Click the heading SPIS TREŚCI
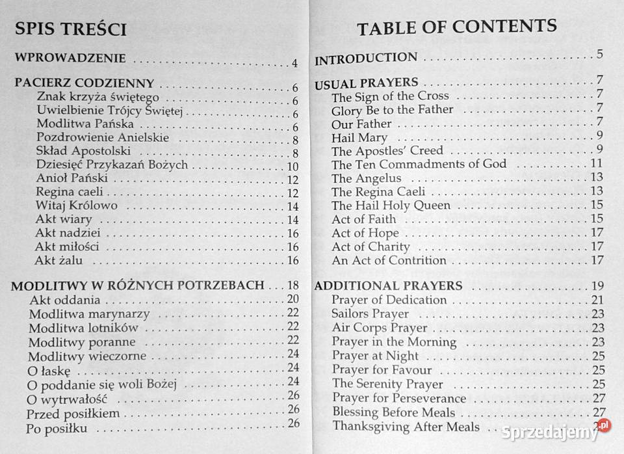(70, 29)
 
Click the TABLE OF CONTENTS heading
(457, 27)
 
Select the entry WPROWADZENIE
(70, 59)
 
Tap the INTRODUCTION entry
(366, 59)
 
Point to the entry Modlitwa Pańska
(85, 124)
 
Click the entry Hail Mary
(359, 138)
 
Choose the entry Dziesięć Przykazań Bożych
(112, 165)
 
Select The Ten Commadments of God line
(419, 165)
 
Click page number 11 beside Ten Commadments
(597, 163)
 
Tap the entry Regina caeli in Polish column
(69, 193)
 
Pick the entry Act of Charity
(370, 247)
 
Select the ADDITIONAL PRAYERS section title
(388, 286)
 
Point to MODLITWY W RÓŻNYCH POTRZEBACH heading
(138, 286)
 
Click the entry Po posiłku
(57, 429)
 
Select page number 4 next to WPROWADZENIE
(294, 63)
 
